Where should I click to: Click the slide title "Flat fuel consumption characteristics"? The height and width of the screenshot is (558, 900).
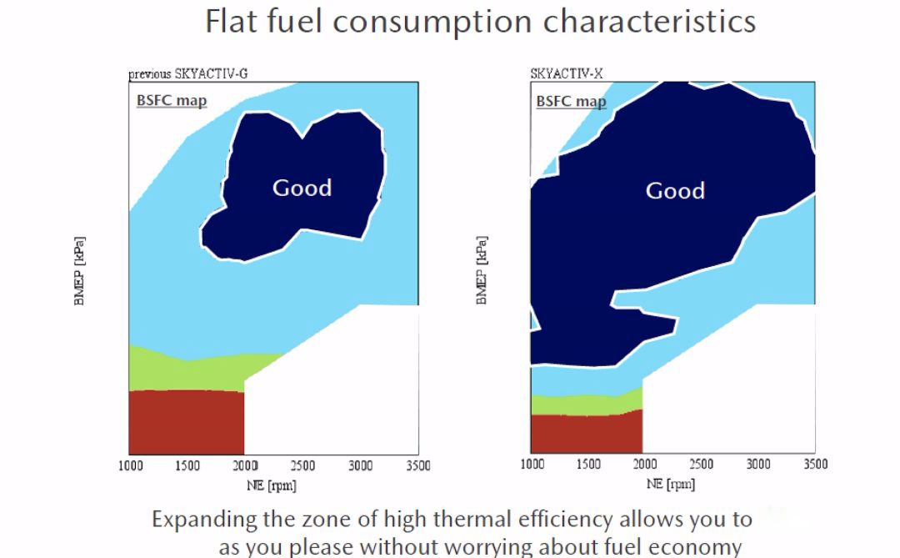tap(481, 21)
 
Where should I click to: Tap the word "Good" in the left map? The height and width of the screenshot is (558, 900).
tap(302, 188)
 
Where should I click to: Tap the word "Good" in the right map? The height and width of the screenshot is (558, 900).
tap(675, 191)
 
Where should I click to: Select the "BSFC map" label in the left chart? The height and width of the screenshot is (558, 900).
tap(172, 101)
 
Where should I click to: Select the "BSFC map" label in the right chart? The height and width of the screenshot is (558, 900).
tap(571, 102)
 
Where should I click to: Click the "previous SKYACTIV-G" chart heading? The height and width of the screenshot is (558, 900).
tap(187, 73)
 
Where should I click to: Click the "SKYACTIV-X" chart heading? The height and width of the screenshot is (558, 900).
tap(566, 73)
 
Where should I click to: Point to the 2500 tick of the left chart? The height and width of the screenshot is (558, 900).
tap(302, 465)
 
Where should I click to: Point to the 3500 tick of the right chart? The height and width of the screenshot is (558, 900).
tap(815, 465)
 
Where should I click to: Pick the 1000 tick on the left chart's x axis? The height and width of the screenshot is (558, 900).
tap(129, 465)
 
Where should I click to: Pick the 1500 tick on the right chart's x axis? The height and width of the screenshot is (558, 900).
tap(588, 465)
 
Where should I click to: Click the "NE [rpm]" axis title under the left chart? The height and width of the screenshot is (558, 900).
tap(272, 485)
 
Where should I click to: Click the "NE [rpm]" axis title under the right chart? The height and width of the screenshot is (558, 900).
tap(670, 484)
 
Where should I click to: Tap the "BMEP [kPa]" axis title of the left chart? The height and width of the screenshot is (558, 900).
tap(80, 270)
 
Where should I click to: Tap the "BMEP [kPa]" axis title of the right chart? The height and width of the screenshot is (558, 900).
tap(482, 270)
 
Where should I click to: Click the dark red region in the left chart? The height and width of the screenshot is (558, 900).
tap(186, 421)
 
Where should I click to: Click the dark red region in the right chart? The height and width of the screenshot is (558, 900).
tap(586, 432)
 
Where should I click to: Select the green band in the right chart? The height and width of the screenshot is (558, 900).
tap(586, 404)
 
